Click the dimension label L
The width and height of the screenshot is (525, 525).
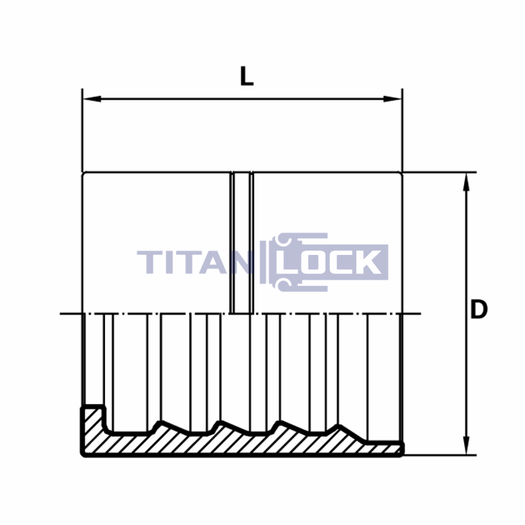click(247, 76)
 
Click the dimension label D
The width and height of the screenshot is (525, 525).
click(478, 309)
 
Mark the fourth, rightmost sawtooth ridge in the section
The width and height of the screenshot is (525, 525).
click(341, 428)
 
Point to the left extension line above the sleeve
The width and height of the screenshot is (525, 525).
click(82, 131)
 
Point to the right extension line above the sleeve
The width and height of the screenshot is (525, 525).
click(402, 131)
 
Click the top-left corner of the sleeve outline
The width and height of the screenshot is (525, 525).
click(82, 173)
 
